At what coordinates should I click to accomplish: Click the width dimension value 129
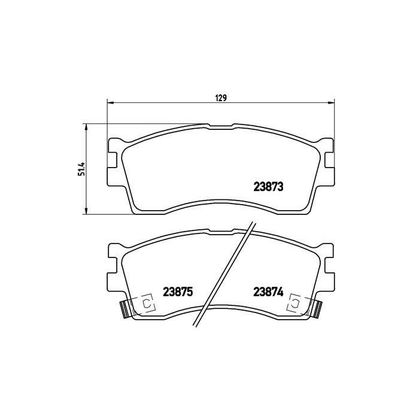(221, 98)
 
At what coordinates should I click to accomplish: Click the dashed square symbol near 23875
(147, 303)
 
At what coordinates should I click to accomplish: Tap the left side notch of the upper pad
(113, 159)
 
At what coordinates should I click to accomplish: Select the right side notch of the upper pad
(329, 159)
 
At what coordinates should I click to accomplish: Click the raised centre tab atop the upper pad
(221, 126)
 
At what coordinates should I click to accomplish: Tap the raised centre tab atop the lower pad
(221, 230)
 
